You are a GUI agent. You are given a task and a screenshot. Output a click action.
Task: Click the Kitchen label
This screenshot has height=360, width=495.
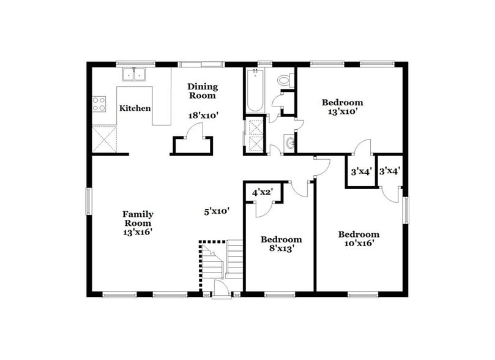[x=135, y=108]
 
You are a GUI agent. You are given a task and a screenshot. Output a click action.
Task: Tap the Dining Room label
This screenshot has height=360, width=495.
[x=202, y=91]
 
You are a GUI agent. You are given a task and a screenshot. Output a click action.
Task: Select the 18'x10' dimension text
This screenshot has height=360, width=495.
[x=203, y=114]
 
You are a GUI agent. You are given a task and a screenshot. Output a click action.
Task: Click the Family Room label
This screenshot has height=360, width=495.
[x=138, y=219]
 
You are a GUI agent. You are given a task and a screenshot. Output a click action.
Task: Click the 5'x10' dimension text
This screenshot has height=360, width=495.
[x=217, y=211]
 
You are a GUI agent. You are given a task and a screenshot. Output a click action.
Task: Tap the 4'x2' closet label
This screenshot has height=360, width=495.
[x=262, y=193]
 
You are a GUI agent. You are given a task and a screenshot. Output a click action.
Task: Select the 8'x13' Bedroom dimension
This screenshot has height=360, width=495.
[x=281, y=250]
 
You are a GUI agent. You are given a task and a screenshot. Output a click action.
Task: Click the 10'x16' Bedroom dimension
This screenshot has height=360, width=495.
[x=359, y=243]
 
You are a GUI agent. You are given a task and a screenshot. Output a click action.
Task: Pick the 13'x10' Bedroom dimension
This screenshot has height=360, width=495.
[x=342, y=111]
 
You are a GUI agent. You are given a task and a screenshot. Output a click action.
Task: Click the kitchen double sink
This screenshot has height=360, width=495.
[x=135, y=75]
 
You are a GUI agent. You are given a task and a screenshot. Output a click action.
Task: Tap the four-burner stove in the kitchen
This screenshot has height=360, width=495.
[x=99, y=104]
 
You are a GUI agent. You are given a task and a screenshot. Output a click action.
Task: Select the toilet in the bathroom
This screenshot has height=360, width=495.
[x=284, y=80]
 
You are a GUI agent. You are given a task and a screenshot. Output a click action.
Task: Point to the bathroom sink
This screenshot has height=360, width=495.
[x=289, y=144]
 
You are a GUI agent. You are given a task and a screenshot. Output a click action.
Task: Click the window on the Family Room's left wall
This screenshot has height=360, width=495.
[x=89, y=201]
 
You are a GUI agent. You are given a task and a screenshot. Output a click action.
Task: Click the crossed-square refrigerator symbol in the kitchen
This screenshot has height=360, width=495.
[x=104, y=138]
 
